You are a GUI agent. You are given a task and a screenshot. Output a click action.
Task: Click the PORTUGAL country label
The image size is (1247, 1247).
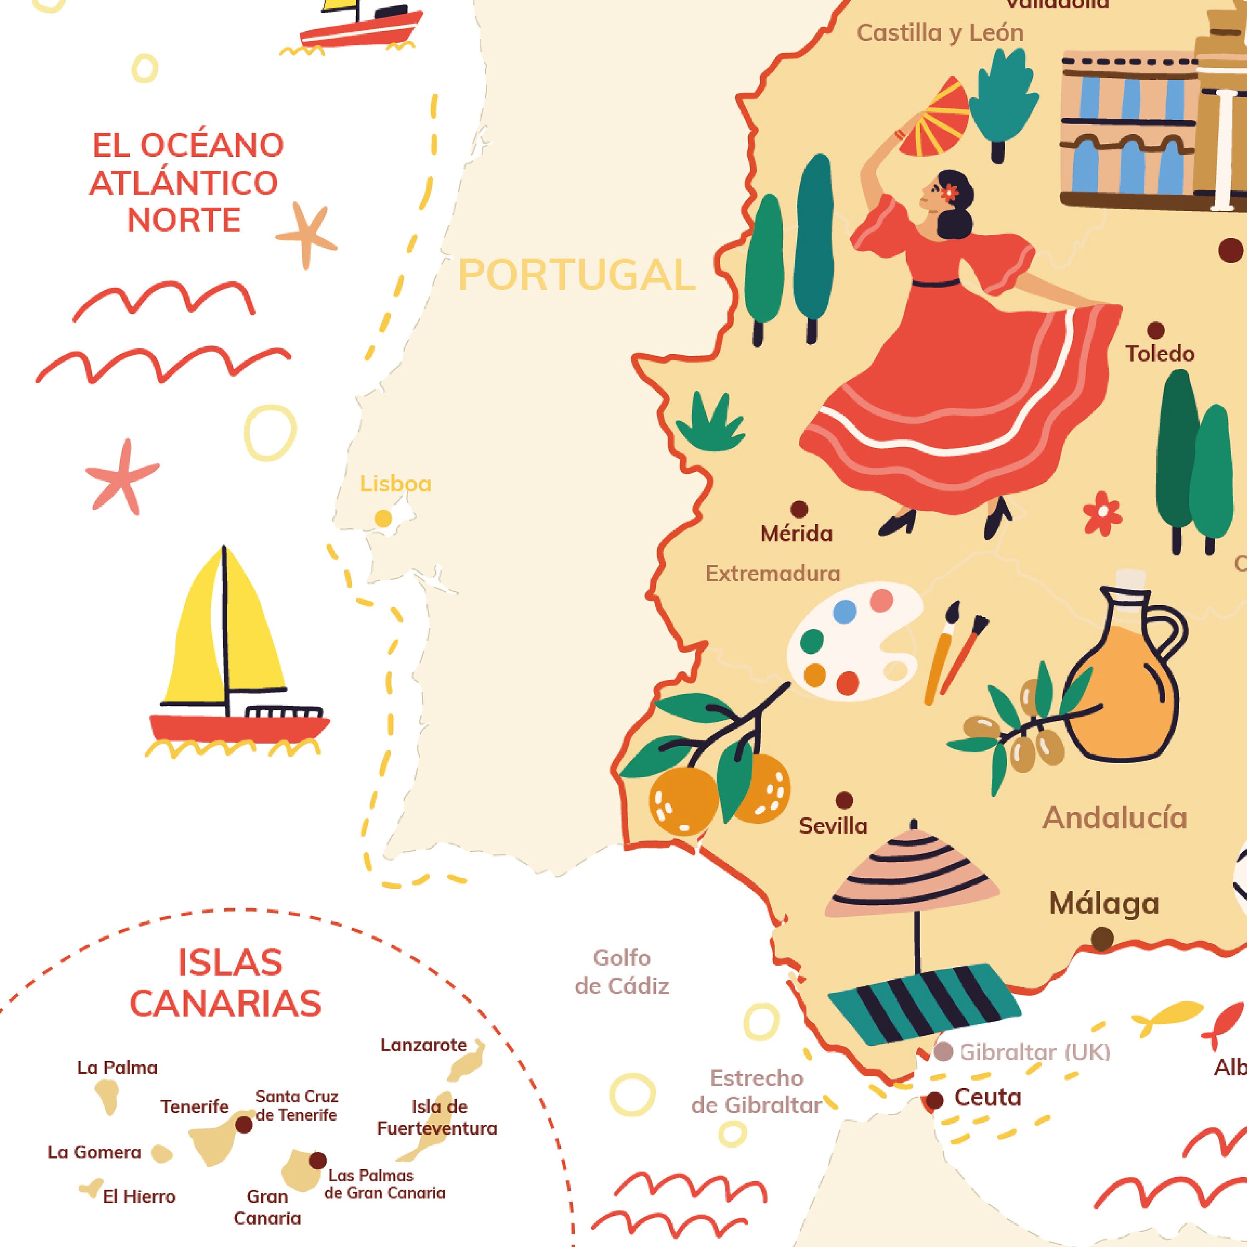[x=577, y=276]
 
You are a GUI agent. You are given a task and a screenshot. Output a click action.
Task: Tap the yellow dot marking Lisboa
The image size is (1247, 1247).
[x=383, y=518]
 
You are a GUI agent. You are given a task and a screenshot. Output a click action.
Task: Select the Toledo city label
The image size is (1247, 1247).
[x=1160, y=354]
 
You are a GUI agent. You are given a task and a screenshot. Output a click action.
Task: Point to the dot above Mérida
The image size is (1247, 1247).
[x=799, y=509]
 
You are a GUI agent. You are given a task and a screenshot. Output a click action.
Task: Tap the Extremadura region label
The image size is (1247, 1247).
[x=773, y=573]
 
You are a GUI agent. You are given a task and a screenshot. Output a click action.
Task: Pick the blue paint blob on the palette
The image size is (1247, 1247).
[x=844, y=611]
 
